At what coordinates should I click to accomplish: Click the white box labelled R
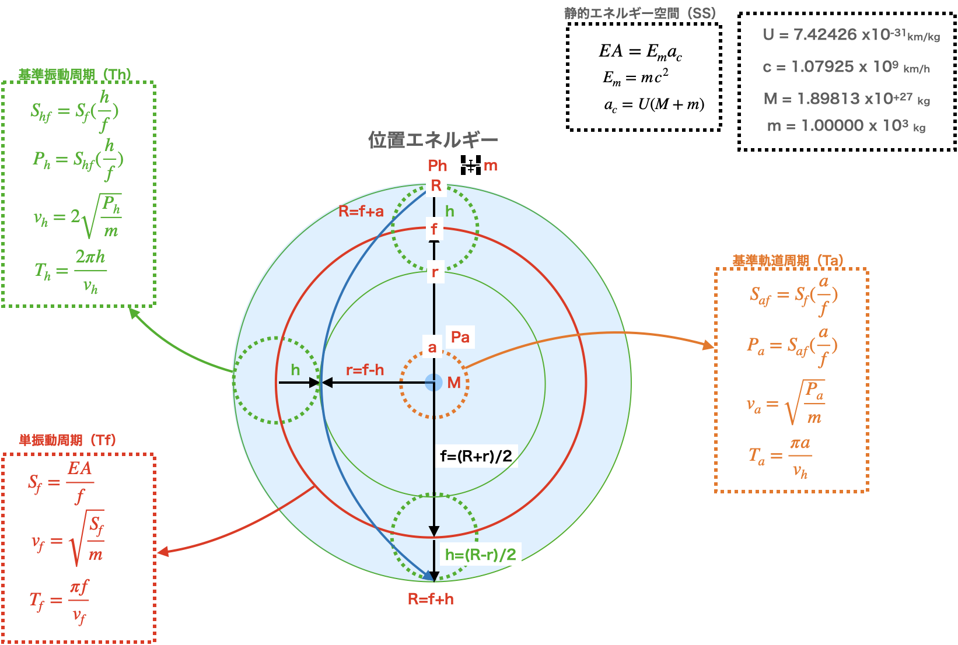[x=436, y=185]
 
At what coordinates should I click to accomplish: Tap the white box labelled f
[x=434, y=229]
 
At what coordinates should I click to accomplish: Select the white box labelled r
[x=435, y=272]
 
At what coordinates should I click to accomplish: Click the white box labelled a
[x=432, y=348]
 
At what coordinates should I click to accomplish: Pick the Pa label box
[x=460, y=337]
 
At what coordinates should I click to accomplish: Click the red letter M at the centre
[x=454, y=383]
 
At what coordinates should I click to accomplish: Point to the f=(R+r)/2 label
[x=476, y=456]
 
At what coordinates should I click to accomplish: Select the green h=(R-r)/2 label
[x=481, y=554]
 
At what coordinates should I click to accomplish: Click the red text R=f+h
[x=431, y=599]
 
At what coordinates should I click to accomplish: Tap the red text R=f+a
[x=361, y=211]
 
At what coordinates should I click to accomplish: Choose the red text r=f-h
[x=365, y=370]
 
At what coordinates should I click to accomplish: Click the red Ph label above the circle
[x=438, y=166]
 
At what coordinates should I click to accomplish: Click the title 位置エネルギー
[x=433, y=140]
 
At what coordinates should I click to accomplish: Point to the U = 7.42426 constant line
[x=851, y=35]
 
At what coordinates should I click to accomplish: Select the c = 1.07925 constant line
[x=846, y=67]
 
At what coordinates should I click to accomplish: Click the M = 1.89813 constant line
[x=847, y=99]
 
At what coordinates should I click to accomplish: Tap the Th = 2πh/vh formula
[x=71, y=271]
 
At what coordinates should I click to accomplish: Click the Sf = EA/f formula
[x=61, y=482]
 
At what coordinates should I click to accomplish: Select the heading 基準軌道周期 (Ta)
[x=788, y=261]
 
